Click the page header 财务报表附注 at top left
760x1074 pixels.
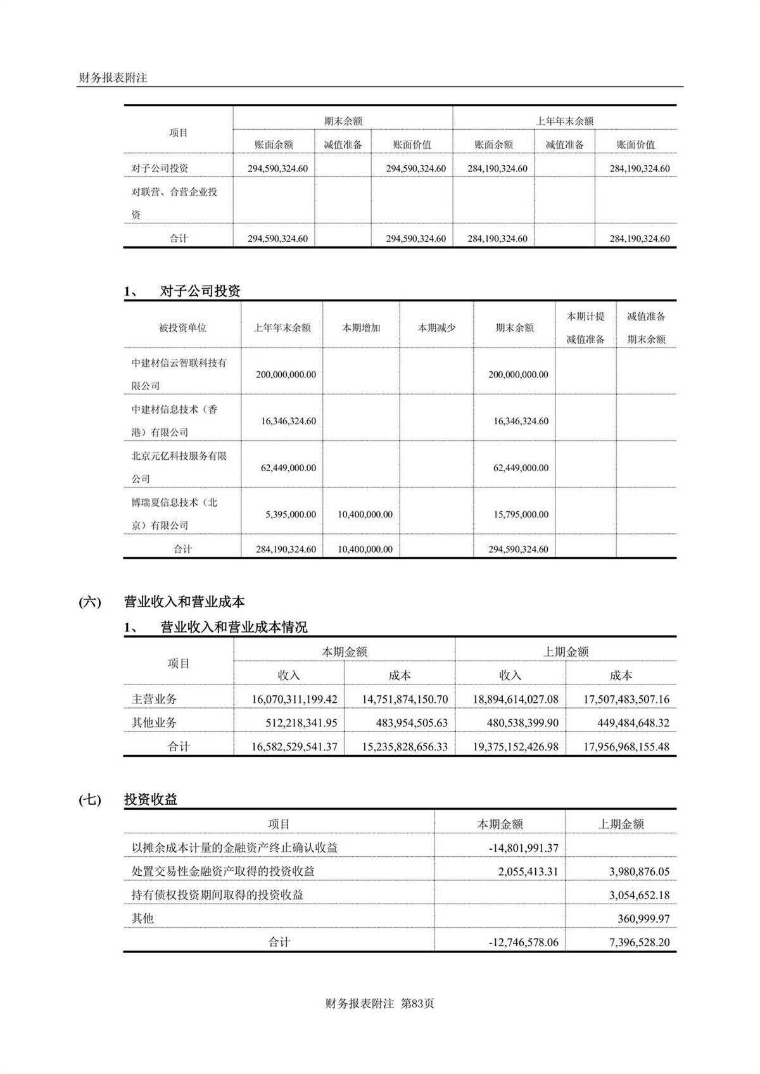tap(112, 78)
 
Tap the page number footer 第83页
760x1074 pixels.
tap(417, 1003)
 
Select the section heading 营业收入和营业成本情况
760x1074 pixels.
tap(234, 627)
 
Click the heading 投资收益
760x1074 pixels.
tap(151, 799)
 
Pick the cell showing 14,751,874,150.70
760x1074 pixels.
tap(405, 699)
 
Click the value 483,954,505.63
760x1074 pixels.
tap(405, 723)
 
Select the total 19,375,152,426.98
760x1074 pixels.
tap(516, 747)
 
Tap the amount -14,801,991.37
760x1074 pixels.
tap(523, 848)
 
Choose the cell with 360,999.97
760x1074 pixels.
tap(643, 918)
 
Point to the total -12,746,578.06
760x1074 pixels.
tap(523, 942)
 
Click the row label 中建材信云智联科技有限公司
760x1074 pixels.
tap(179, 374)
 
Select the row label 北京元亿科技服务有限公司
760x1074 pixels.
tap(179, 467)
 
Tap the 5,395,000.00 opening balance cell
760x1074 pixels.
tap(290, 514)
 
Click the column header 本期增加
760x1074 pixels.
tap(361, 327)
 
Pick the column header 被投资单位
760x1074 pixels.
tap(182, 327)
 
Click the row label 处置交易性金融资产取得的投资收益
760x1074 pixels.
tap(223, 871)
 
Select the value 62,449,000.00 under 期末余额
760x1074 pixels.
tap(521, 468)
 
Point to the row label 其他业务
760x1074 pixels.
tap(154, 723)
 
